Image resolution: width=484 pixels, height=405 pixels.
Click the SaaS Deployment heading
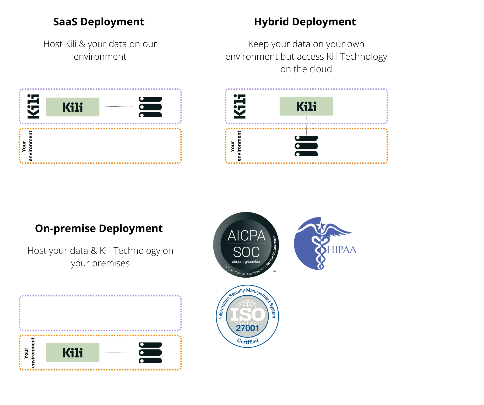[x=99, y=22]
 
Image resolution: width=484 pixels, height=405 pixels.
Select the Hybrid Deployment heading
[x=305, y=22]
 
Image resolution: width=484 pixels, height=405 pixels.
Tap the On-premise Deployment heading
[x=99, y=229]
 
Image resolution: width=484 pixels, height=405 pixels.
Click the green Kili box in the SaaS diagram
[x=73, y=107]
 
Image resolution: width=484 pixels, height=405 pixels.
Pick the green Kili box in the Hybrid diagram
[x=306, y=106]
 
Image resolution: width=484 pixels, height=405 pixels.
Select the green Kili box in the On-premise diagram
[x=73, y=353]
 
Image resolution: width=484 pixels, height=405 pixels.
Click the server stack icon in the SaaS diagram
[x=150, y=107]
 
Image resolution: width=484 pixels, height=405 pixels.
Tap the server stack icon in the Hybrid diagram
[x=306, y=146]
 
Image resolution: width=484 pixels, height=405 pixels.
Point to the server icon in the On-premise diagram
[x=150, y=353]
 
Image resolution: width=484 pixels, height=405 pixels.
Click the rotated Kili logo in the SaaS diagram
[x=34, y=106]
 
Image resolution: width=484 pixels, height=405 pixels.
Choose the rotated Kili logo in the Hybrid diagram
[x=240, y=106]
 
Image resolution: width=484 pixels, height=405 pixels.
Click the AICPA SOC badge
[x=246, y=245]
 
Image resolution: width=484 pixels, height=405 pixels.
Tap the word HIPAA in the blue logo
[x=342, y=250]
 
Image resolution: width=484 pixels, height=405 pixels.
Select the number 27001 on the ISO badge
[x=247, y=328]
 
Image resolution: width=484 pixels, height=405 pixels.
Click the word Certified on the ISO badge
[x=248, y=341]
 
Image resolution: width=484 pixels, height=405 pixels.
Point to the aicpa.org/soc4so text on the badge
[x=246, y=262]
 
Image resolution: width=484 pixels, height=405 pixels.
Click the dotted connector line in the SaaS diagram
[x=119, y=107]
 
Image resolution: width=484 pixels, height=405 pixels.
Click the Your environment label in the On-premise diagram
[x=29, y=352]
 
